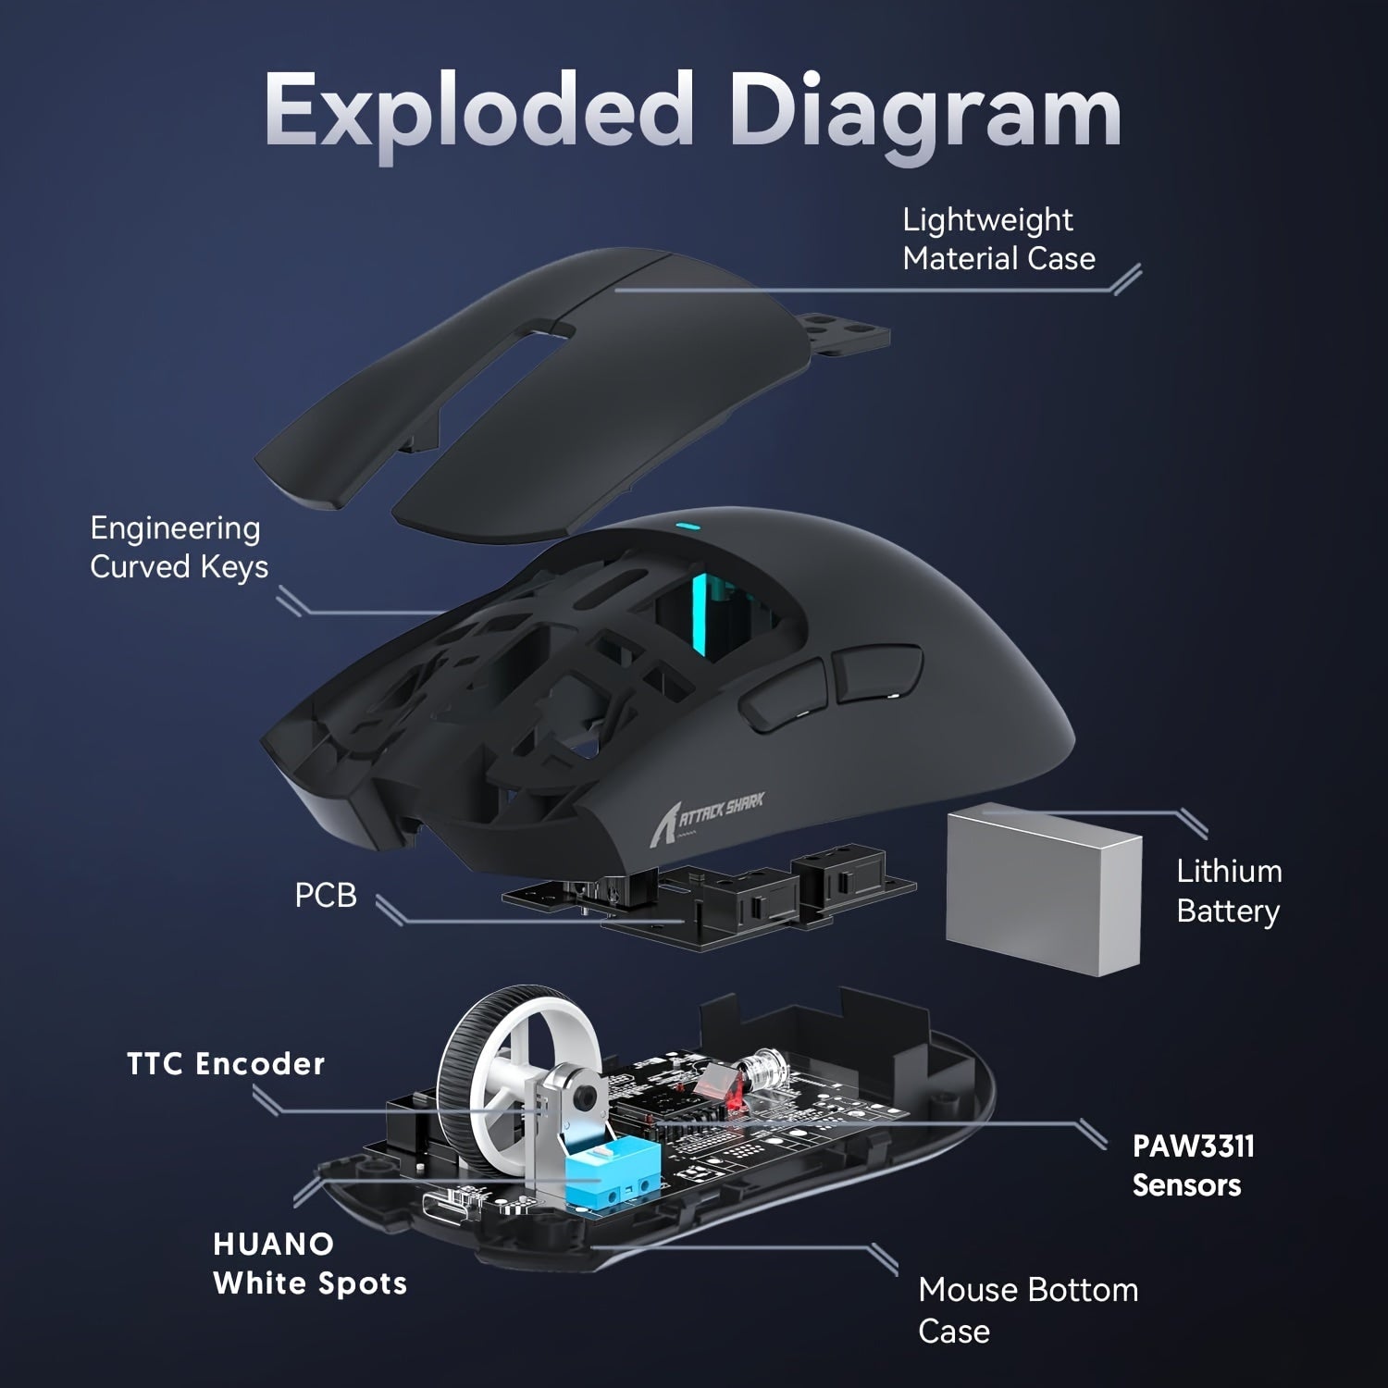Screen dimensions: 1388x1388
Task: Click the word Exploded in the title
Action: click(x=477, y=111)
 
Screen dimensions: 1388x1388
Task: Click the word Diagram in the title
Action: click(x=925, y=116)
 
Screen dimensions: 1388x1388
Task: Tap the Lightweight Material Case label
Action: click(x=998, y=240)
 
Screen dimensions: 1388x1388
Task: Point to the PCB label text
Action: click(x=325, y=896)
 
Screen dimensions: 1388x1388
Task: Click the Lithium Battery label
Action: click(x=1228, y=891)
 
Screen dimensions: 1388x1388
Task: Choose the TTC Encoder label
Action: click(x=226, y=1064)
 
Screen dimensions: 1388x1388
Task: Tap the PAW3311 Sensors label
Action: click(x=1193, y=1165)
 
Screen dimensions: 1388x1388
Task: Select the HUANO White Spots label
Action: click(x=309, y=1264)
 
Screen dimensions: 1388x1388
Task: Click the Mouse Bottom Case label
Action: click(x=1027, y=1309)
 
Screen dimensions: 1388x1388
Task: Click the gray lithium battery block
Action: click(x=1044, y=888)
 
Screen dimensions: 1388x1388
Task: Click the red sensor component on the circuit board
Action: click(x=720, y=1084)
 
